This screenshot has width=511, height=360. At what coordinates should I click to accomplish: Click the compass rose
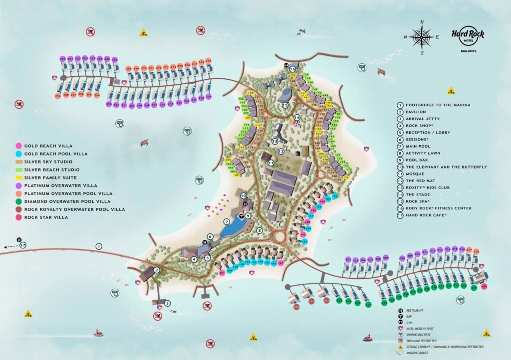tap(422, 36)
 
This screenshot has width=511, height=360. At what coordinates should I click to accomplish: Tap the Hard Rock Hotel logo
tap(467, 35)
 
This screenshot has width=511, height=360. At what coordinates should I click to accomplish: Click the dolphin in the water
tap(301, 32)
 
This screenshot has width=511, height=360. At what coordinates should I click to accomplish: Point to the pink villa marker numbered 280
tap(484, 287)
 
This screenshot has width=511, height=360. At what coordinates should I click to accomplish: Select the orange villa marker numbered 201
tap(223, 273)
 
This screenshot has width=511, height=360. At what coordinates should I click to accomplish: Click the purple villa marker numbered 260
tap(63, 59)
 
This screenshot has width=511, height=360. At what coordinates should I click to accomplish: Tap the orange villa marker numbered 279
tap(209, 61)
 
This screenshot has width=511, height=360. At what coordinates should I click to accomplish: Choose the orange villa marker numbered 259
tap(58, 95)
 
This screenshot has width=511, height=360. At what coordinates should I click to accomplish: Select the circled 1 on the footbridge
tap(99, 246)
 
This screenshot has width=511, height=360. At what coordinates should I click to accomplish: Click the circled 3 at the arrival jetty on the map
tap(168, 303)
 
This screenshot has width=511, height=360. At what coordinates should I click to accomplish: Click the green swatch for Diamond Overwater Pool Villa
tap(18, 201)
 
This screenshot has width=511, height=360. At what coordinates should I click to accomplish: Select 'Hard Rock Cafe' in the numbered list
tap(427, 215)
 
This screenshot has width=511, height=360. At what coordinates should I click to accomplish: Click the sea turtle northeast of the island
tap(381, 72)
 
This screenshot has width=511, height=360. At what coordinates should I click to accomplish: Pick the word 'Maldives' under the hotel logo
tap(467, 51)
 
